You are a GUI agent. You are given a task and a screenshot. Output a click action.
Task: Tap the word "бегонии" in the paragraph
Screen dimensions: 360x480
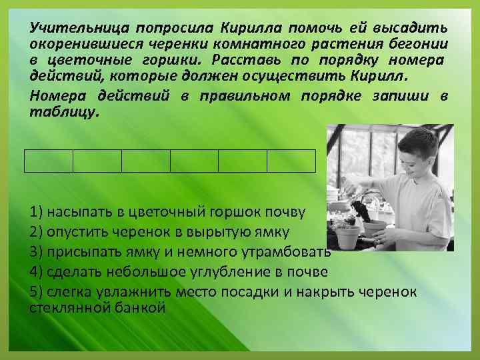pyautogui.click(x=421, y=43)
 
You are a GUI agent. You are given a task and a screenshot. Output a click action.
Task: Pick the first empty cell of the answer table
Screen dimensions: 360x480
pyautogui.click(x=49, y=161)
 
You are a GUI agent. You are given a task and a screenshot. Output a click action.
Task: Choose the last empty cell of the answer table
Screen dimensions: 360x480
pyautogui.click(x=291, y=161)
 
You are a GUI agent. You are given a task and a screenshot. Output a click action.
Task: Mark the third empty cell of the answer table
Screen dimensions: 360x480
pyautogui.click(x=146, y=161)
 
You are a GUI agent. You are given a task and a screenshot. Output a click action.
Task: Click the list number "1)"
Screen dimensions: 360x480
pyautogui.click(x=37, y=213)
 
